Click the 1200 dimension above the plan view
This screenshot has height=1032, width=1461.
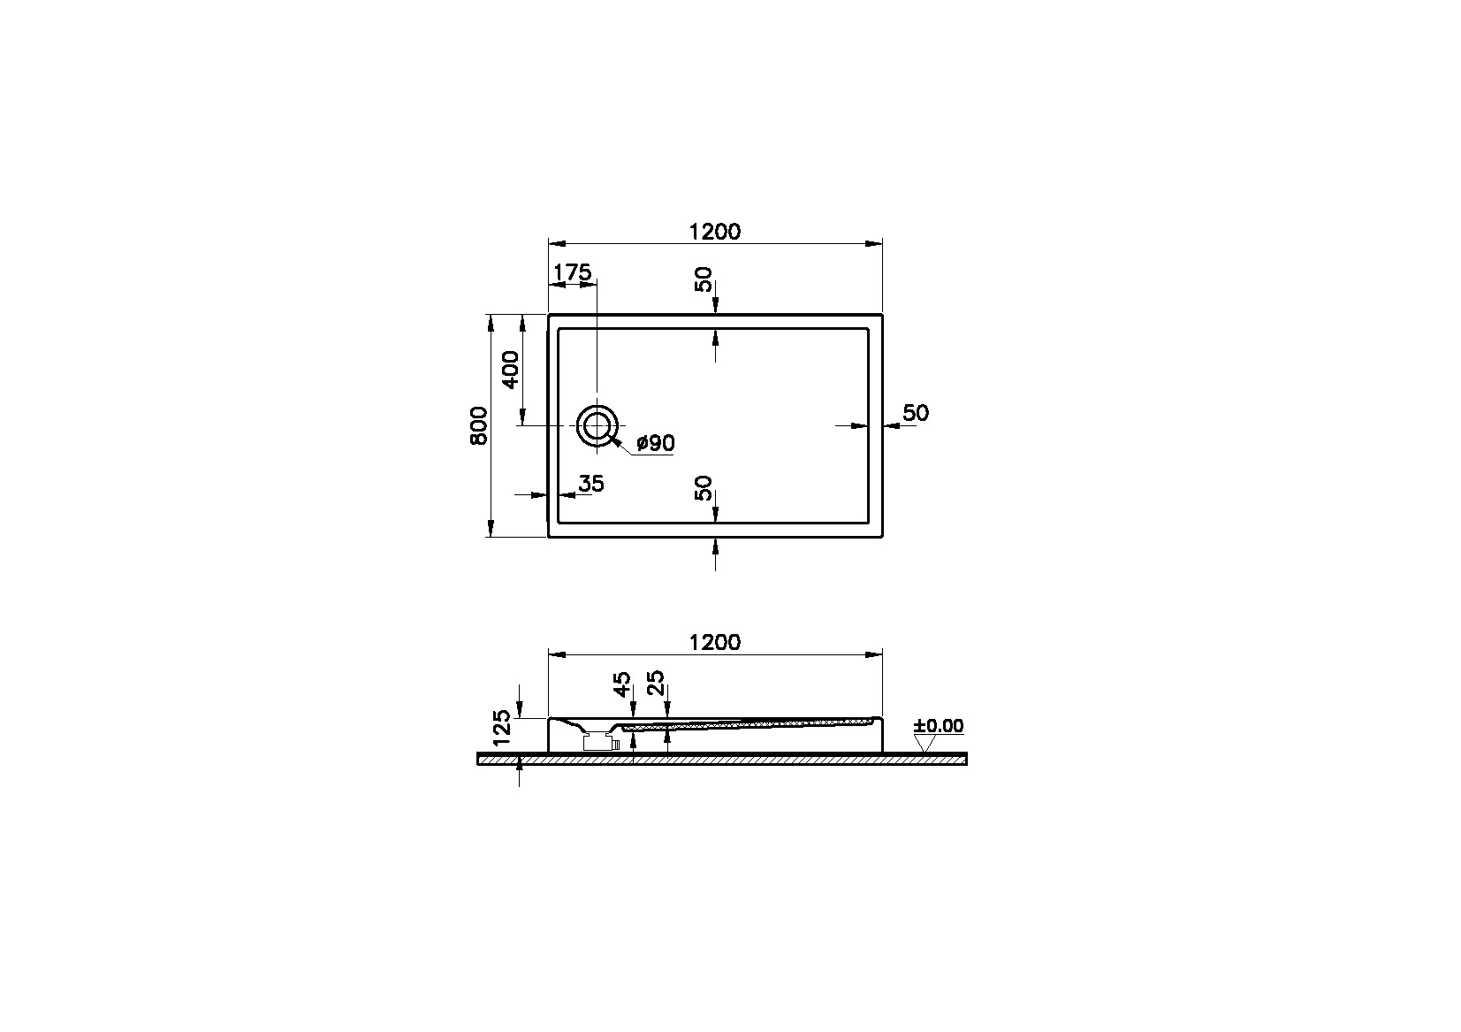click(714, 232)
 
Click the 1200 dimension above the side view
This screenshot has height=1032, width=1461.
click(714, 643)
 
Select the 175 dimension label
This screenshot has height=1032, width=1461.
click(572, 273)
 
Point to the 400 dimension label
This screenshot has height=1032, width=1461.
click(511, 370)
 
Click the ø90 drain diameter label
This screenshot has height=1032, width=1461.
click(655, 444)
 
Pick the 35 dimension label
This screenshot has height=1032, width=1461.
click(590, 484)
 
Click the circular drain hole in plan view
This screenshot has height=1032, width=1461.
click(597, 426)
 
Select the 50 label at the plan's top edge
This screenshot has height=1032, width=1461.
click(704, 280)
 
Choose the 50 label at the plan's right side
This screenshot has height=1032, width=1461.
click(916, 413)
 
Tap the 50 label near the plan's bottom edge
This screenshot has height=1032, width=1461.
click(704, 488)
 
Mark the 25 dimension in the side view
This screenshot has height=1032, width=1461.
click(657, 684)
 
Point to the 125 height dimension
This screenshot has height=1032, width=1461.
click(503, 727)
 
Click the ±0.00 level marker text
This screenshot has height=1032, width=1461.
click(939, 726)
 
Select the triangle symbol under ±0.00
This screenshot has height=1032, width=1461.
click(925, 744)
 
